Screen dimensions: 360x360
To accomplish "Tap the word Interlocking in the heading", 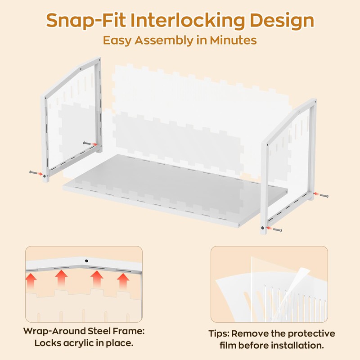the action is click(188, 20).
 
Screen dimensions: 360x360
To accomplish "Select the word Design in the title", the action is click(282, 20).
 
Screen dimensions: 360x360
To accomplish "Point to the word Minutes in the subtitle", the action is click(233, 40).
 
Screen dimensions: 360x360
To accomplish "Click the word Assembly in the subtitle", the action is click(164, 40).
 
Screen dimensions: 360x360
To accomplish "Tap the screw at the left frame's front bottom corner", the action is click(34, 172).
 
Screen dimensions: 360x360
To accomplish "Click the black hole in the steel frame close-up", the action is click(86, 261).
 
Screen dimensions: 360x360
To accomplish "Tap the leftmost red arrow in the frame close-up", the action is click(31, 280).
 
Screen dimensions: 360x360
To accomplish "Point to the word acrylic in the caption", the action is click(79, 343).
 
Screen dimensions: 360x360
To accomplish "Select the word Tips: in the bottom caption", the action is click(219, 333).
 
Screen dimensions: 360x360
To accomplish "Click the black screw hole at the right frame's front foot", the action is click(262, 228).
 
